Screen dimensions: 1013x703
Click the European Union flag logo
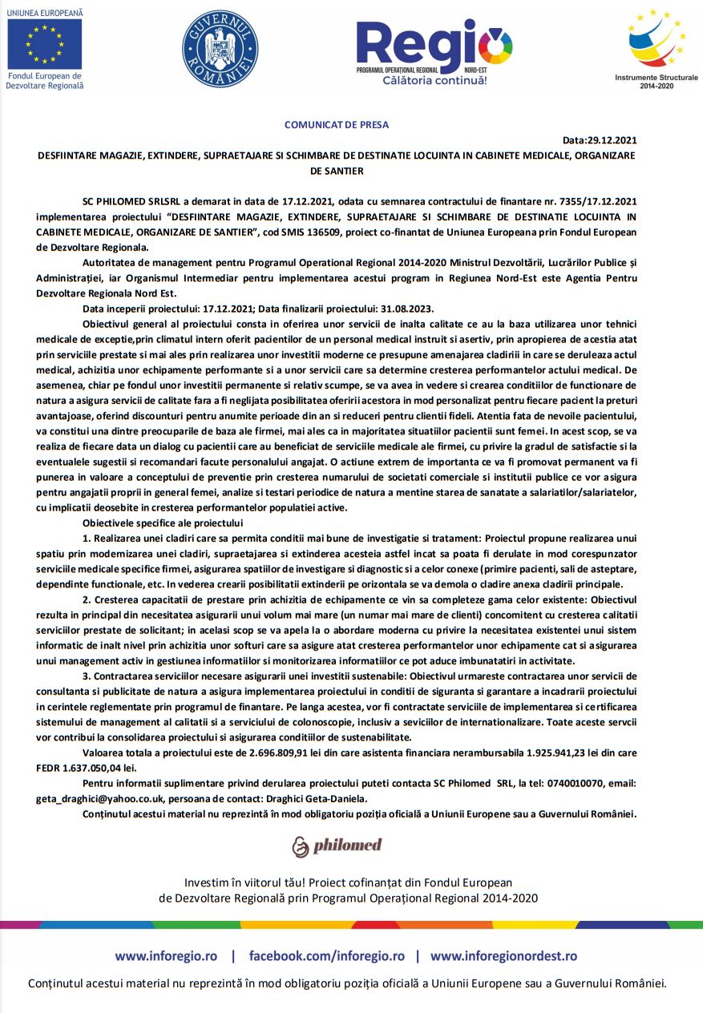pos(45,43)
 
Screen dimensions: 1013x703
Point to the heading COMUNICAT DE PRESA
pos(337,124)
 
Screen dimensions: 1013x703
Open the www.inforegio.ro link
pos(166,955)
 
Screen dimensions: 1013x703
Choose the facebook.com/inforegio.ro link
pos(326,955)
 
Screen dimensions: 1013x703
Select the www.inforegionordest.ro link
pos(503,955)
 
